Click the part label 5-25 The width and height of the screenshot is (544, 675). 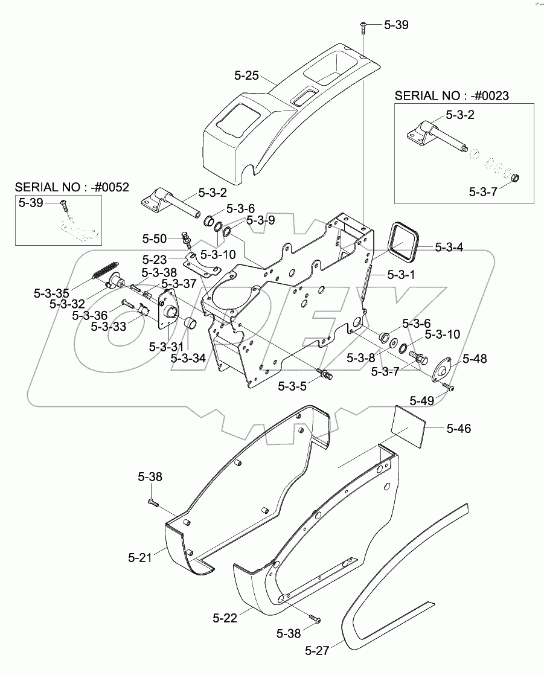[246, 75]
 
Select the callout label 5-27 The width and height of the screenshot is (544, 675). [318, 650]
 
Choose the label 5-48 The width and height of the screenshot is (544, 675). [475, 359]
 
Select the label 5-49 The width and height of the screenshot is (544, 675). [422, 400]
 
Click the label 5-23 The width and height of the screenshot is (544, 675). [155, 260]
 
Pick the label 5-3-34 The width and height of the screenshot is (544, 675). [188, 358]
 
